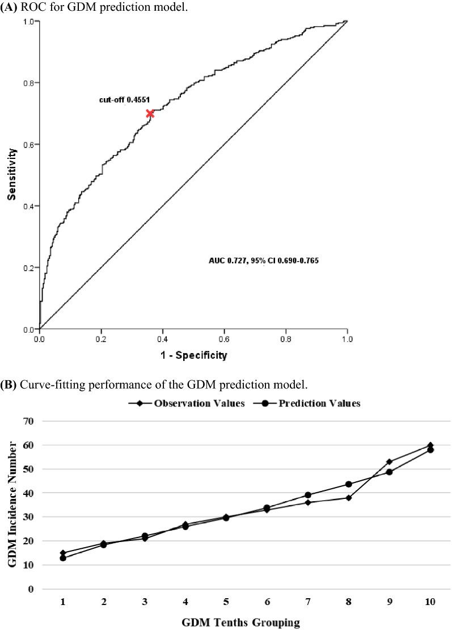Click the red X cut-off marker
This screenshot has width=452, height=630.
(150, 114)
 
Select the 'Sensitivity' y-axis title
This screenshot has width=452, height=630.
(11, 174)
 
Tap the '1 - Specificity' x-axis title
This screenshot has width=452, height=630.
(193, 356)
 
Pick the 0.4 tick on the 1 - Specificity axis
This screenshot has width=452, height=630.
(163, 338)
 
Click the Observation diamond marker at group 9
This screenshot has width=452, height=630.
(389, 462)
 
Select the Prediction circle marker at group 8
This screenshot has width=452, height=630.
(349, 484)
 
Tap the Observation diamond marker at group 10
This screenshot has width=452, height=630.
(430, 445)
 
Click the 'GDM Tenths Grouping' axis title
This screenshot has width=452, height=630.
(240, 623)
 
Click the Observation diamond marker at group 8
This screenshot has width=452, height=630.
(349, 498)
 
